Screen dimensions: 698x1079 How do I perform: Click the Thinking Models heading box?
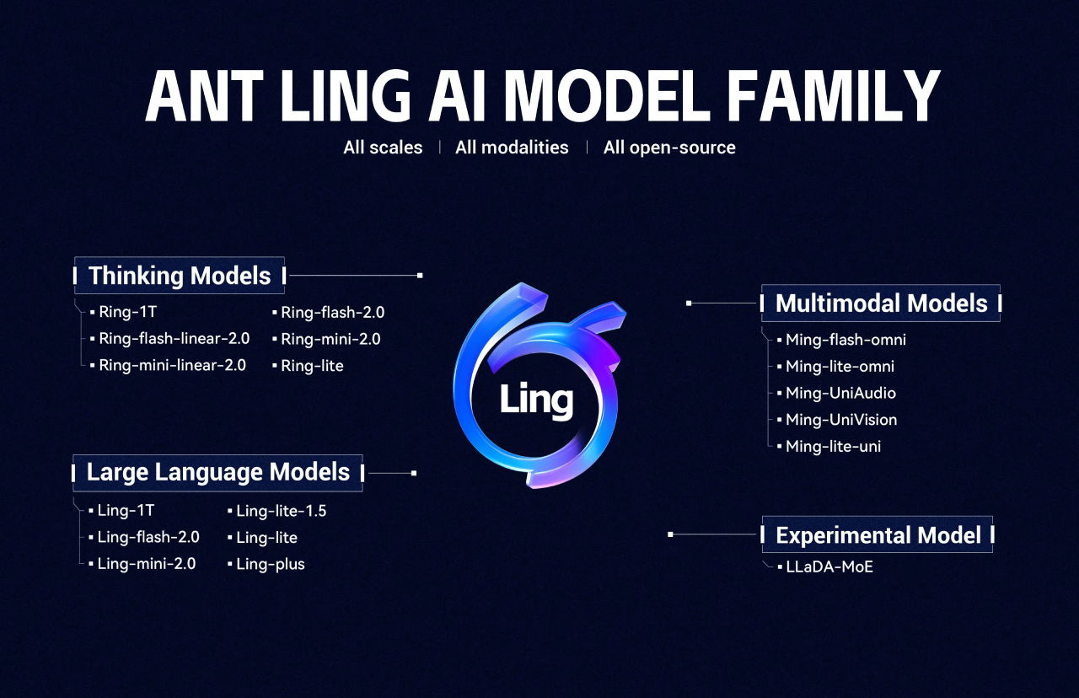coord(180,276)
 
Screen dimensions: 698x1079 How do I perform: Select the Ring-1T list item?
coord(127,312)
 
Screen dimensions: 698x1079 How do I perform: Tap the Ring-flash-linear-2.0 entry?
coord(174,339)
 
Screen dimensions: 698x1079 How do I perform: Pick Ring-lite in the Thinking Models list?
coord(311,366)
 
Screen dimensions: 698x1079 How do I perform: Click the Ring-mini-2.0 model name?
coord(330,339)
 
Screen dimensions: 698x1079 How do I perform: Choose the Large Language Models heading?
coord(217,472)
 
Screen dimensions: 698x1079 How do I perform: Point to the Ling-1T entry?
coord(126,510)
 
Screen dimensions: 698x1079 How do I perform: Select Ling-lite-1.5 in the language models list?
coord(281,510)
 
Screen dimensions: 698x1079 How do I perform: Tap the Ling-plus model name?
coord(270,564)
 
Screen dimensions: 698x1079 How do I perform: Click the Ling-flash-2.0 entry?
coord(148,537)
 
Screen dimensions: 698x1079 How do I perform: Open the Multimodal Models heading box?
coord(881,303)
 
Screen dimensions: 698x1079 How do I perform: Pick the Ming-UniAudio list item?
coord(840,393)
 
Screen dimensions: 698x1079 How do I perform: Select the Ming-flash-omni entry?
coord(845,340)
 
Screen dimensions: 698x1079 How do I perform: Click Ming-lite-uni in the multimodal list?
coord(833,446)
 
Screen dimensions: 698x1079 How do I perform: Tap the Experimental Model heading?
coord(878,535)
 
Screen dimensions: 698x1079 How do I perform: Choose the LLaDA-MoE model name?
coord(829,566)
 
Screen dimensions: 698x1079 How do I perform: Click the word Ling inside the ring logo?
coord(536,400)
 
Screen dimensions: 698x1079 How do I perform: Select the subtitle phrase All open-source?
coord(669,148)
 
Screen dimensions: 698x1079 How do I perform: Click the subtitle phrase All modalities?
coord(512,148)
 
